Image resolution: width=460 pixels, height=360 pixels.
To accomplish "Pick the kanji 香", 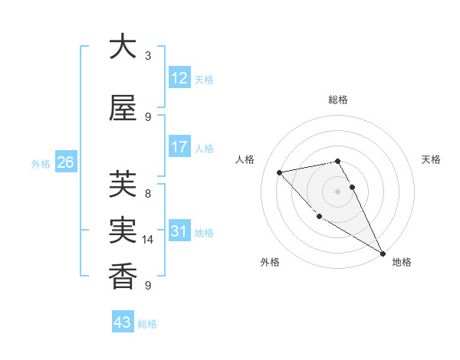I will pyautogui.click(x=123, y=275).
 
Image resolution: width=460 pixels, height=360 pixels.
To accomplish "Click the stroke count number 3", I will pyautogui.click(x=148, y=56).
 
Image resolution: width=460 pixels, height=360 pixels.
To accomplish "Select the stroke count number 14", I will pyautogui.click(x=148, y=240).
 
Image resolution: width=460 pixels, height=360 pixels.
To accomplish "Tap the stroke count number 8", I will pyautogui.click(x=148, y=194).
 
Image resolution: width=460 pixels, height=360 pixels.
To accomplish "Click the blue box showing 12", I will pyautogui.click(x=179, y=78).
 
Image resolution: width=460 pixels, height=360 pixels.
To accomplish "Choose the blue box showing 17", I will pyautogui.click(x=179, y=147).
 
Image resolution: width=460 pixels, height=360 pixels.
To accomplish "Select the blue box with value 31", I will pyautogui.click(x=179, y=231).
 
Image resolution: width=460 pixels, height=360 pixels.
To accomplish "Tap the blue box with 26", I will pyautogui.click(x=66, y=162).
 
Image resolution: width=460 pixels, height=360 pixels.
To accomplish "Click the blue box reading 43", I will pyautogui.click(x=123, y=322).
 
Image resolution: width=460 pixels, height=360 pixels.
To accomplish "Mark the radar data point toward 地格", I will pyautogui.click(x=383, y=254).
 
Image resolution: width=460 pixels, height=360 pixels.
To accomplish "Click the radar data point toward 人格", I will pyautogui.click(x=280, y=172).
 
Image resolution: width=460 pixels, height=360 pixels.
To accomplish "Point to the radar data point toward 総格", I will pyautogui.click(x=337, y=161).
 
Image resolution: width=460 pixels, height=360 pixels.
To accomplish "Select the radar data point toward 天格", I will pyautogui.click(x=352, y=187).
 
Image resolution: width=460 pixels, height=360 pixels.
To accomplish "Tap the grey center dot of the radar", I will pyautogui.click(x=337, y=191).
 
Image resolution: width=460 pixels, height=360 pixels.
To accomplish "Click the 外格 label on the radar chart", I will pyautogui.click(x=270, y=262).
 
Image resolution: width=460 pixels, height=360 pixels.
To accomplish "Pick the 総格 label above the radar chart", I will pyautogui.click(x=337, y=100).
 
